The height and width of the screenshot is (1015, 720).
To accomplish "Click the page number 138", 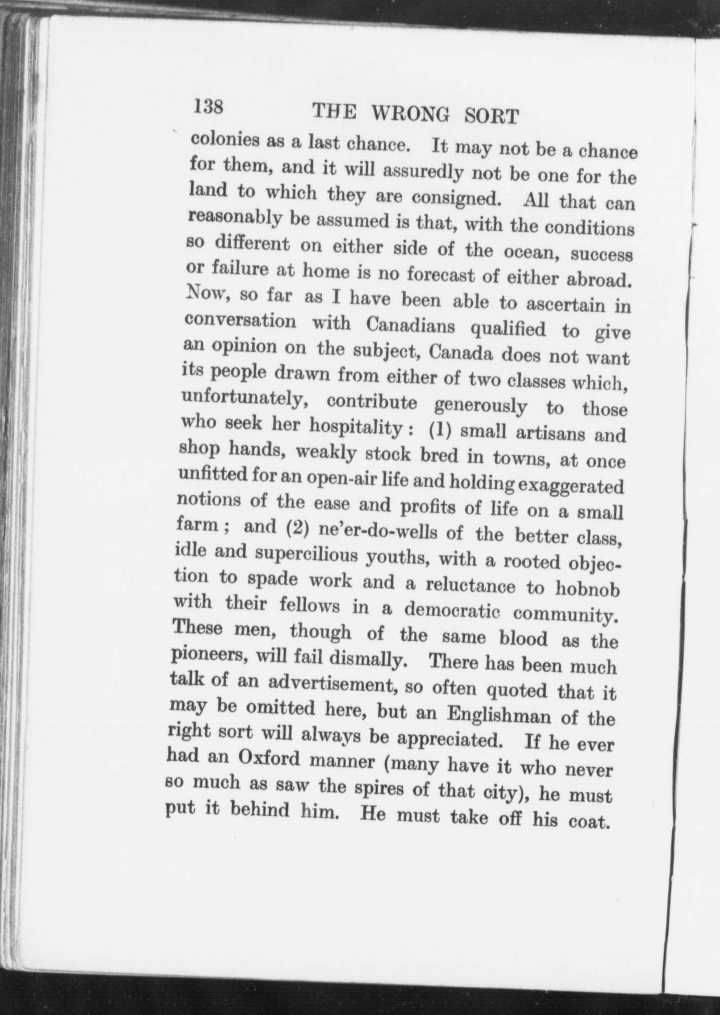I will pyautogui.click(x=209, y=106).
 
